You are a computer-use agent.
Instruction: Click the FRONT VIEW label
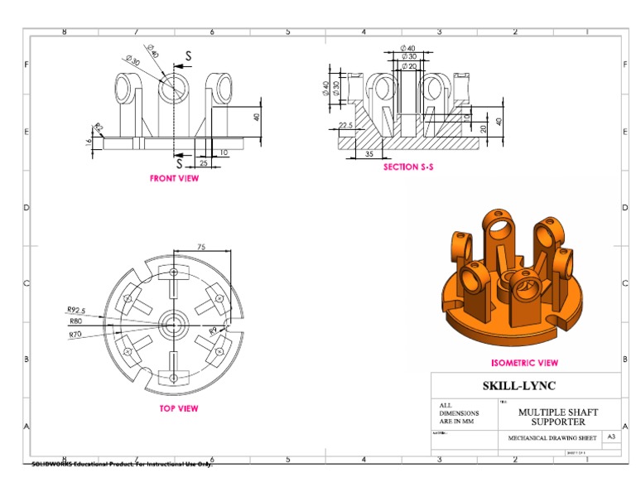pos(174,178)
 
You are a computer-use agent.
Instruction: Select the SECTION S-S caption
pos(408,167)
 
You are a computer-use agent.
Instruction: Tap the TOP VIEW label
pos(178,408)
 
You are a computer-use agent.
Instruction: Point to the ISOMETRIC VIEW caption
pos(524,363)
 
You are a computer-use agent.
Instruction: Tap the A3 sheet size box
pos(611,436)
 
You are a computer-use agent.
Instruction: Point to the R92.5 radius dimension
pos(76,311)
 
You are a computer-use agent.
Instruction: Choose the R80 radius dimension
pos(75,321)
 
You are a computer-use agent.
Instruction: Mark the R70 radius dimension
pos(75,334)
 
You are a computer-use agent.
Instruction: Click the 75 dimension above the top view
pos(200,247)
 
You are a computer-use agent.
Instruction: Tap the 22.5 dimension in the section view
pos(346,126)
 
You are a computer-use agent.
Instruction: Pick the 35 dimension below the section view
pos(369,154)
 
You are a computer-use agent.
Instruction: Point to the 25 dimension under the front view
pos(203,163)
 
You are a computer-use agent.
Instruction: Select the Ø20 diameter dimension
pos(408,65)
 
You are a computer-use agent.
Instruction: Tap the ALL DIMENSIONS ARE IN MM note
pos(457,412)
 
